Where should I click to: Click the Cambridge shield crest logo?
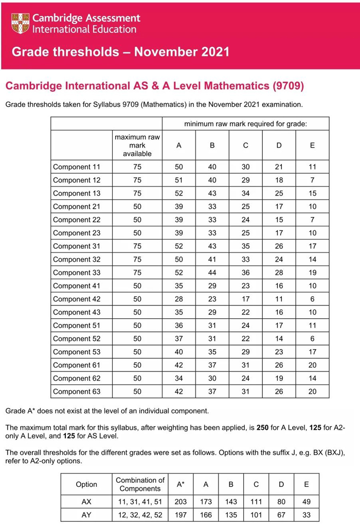point(20,23)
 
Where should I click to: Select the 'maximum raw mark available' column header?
point(137,146)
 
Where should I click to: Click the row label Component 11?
point(77,167)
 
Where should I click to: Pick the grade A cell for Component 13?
point(178,193)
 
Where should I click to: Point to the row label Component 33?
point(77,273)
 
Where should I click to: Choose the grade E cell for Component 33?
point(312,273)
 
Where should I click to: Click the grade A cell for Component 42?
point(178,299)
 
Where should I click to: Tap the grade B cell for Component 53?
point(212,352)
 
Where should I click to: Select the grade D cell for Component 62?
point(279,378)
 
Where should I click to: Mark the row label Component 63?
point(77,392)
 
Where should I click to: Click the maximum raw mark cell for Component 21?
point(137,207)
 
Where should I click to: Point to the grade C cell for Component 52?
point(245,339)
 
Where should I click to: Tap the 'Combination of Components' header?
point(140,484)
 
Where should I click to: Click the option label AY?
point(86,515)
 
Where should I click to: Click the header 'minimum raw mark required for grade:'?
point(245,124)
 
